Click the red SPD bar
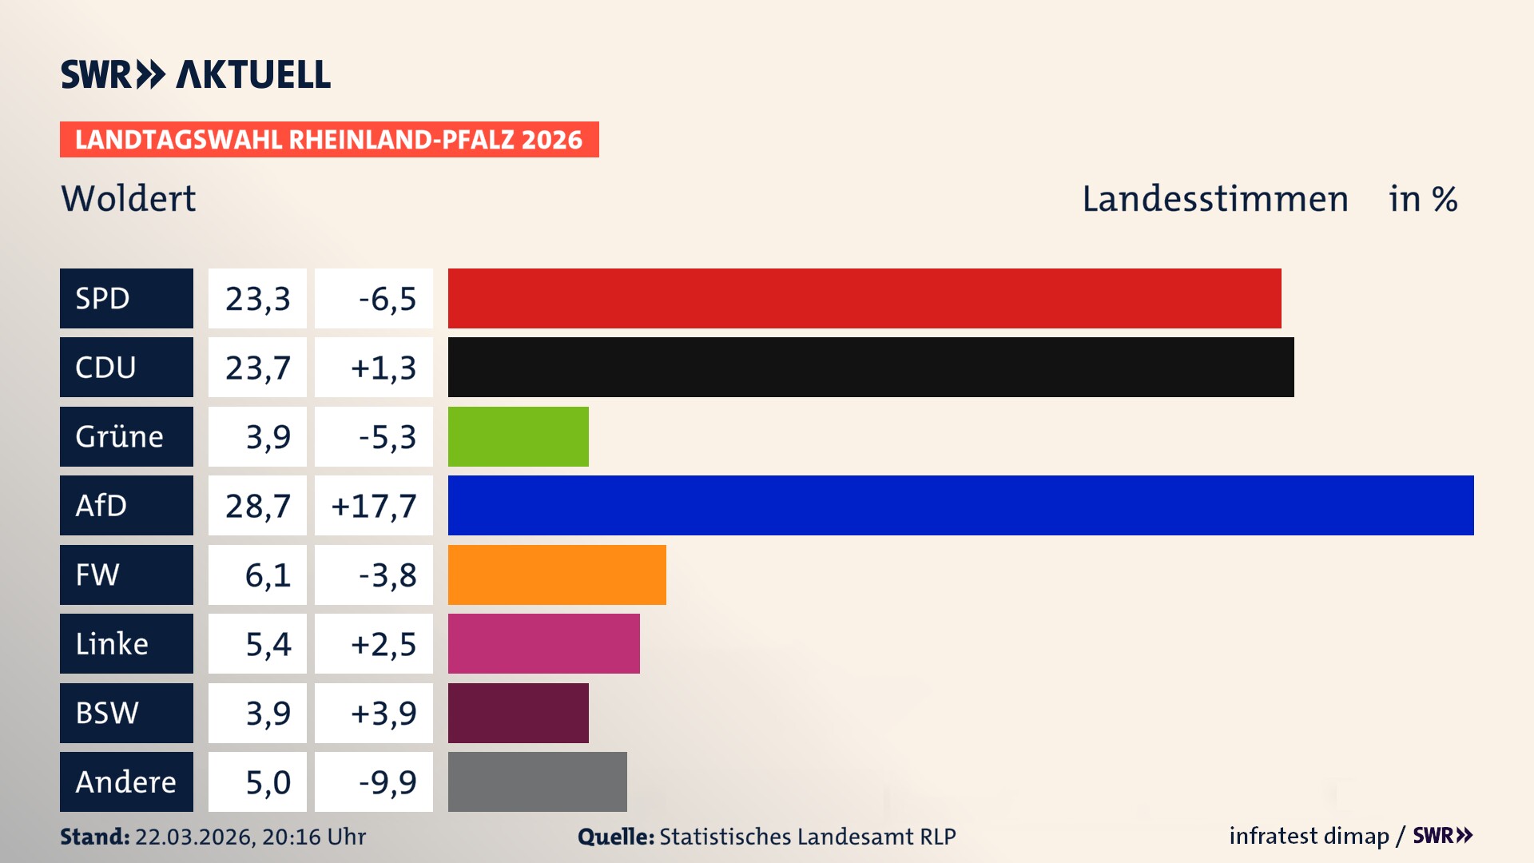point(864,298)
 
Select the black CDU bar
point(871,367)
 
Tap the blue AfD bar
point(960,505)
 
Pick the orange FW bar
point(557,575)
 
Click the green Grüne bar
point(518,436)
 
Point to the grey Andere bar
point(537,781)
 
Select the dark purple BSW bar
point(518,713)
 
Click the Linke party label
point(126,643)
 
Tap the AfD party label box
point(126,505)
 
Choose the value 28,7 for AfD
point(257,506)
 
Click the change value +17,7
point(374,506)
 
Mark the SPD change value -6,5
point(387,299)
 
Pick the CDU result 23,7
point(257,368)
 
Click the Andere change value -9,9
point(387,782)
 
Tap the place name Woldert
point(128,198)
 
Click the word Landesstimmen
point(1214,199)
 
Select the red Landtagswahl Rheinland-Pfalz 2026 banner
point(329,140)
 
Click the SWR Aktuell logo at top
point(196,74)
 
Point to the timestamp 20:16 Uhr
point(313,837)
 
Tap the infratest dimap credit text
point(1309,836)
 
